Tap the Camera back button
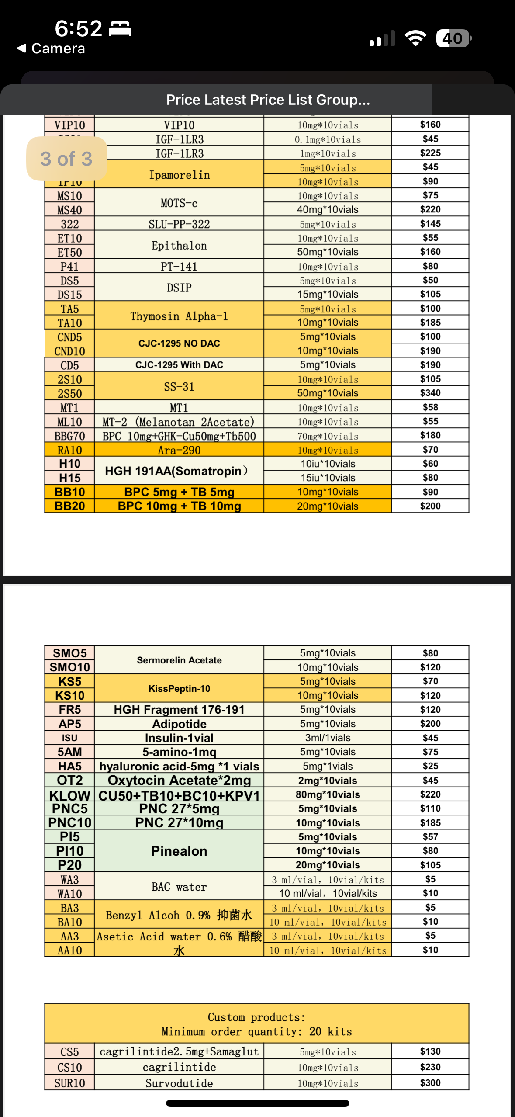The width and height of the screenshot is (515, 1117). point(51,49)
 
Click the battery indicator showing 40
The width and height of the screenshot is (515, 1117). point(453,38)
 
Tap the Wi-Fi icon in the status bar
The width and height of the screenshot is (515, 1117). point(415,38)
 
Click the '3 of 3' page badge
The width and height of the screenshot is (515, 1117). point(66,159)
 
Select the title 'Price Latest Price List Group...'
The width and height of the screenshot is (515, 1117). point(268,100)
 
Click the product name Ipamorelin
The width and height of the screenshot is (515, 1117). point(179,175)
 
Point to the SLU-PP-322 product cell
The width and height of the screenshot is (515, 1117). point(179,224)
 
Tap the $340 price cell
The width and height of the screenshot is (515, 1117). point(430,393)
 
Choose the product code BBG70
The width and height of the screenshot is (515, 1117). point(69,436)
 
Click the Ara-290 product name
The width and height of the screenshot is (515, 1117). point(179,450)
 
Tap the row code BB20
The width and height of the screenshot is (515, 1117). point(69,506)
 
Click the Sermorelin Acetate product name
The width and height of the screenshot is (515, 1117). point(179,660)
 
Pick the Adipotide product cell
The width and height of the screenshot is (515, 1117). point(179,724)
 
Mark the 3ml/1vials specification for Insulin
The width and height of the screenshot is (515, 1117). point(328,738)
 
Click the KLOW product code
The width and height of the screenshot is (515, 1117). point(69,795)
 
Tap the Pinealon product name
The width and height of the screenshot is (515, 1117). point(179,851)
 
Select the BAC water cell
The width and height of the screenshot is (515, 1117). point(179,887)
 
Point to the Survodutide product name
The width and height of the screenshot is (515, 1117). point(179,1083)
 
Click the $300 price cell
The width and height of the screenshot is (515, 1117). point(430,1083)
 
